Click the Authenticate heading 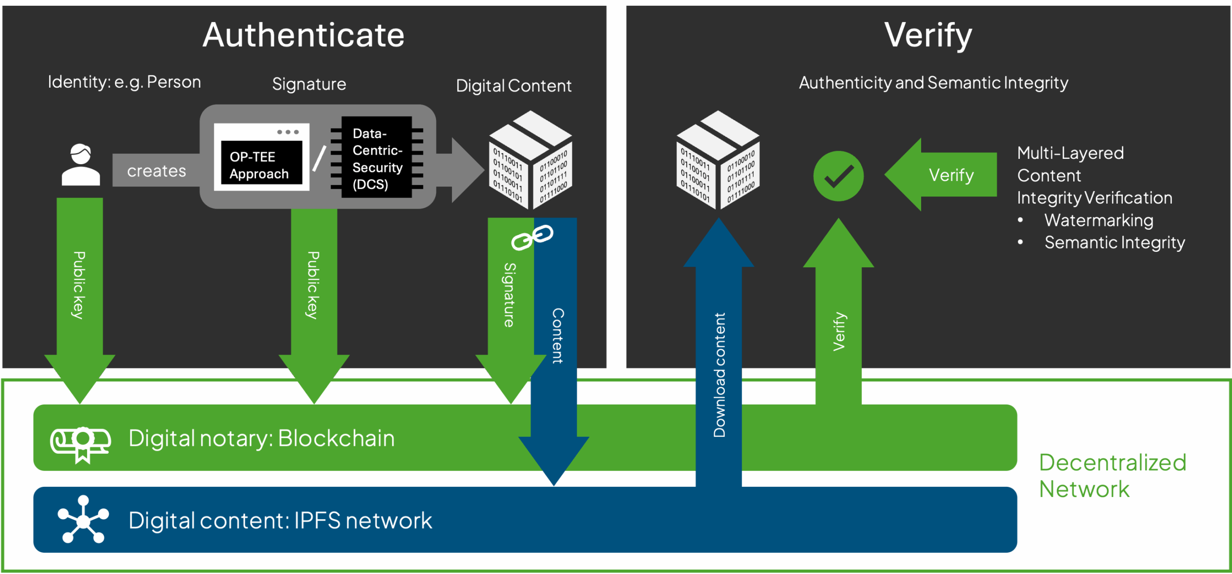(x=303, y=35)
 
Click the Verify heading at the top (x=928, y=35)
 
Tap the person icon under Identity (x=81, y=165)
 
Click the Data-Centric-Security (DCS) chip (x=377, y=157)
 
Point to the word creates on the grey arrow (x=156, y=171)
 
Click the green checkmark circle (x=838, y=176)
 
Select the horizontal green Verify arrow (x=943, y=175)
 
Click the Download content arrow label (x=719, y=375)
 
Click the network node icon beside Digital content (x=83, y=520)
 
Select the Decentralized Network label (x=1113, y=476)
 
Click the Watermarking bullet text (x=1099, y=220)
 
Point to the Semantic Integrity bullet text (x=1115, y=242)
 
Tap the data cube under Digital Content (x=530, y=160)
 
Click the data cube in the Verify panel (x=718, y=160)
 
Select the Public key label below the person (x=79, y=285)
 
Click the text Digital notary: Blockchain (x=261, y=438)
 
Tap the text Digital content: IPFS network (x=280, y=521)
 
